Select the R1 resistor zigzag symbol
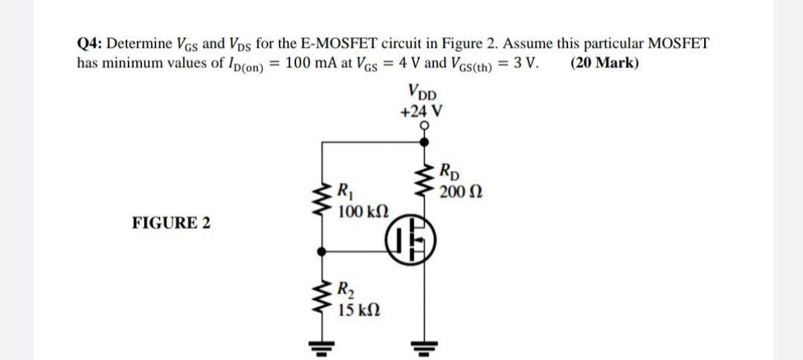point(323,198)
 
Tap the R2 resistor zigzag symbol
point(323,297)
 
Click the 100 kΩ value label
point(358,212)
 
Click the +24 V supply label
point(422,112)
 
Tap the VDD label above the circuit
point(422,95)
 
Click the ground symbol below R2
point(323,346)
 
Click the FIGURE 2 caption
point(170,222)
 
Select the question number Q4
point(91,43)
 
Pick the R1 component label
point(344,189)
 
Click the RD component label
point(451,170)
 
